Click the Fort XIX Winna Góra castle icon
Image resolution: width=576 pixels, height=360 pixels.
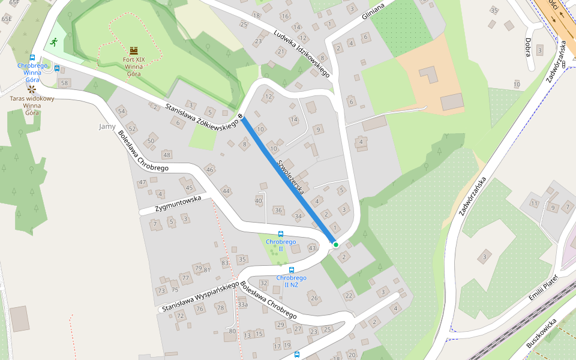coord(133,50)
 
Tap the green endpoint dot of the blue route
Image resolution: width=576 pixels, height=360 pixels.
coord(336,245)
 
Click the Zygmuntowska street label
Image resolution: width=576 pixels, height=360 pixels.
coord(178,205)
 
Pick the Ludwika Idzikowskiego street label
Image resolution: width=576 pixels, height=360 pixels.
coord(301,53)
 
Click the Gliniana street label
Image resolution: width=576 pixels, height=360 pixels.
coord(376,11)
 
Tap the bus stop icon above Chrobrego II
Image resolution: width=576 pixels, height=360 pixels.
coord(280,233)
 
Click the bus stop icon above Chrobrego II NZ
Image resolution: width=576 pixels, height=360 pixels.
coord(292,270)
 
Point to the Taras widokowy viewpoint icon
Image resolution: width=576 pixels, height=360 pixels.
coord(31,88)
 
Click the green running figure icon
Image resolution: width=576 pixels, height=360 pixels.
coord(54,42)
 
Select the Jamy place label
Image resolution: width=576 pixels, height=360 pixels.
coord(107,127)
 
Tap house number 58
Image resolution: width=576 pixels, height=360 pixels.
coord(65,82)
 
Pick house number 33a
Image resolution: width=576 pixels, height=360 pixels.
coord(242,305)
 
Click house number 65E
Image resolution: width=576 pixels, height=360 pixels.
coord(7,19)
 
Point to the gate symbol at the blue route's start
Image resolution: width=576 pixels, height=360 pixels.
coord(241,115)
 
